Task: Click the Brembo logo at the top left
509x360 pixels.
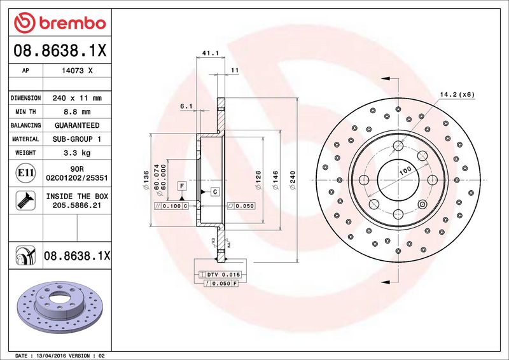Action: pos(60,23)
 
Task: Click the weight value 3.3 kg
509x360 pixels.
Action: pos(77,153)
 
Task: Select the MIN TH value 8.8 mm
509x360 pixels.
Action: pos(77,112)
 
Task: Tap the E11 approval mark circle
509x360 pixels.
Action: pos(25,173)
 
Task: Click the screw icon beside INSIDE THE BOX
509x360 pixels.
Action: pos(25,200)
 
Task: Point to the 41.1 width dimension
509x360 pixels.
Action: pos(211,53)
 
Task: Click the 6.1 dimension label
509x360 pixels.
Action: pos(186,106)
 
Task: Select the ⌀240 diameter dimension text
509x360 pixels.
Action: pos(293,180)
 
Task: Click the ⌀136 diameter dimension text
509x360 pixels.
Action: pos(146,180)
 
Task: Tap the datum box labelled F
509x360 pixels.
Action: pos(182,186)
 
